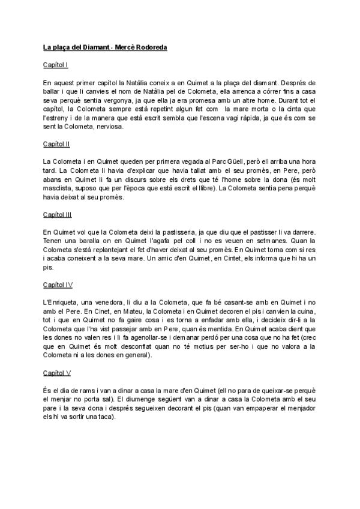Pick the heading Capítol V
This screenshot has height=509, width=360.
tap(57, 373)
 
